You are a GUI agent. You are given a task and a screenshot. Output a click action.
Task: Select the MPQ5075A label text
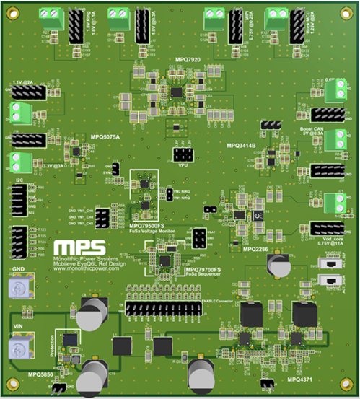click(x=105, y=136)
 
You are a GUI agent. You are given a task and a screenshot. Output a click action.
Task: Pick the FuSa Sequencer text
click(x=203, y=276)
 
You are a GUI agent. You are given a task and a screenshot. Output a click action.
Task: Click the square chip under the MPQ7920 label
click(x=177, y=92)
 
